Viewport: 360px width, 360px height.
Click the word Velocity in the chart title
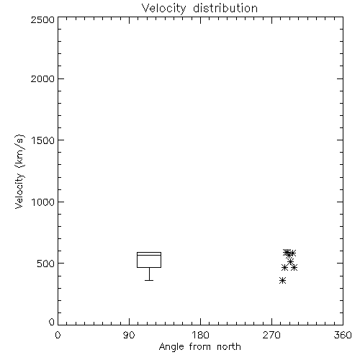tap(163, 9)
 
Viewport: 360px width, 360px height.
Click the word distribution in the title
tap(225, 8)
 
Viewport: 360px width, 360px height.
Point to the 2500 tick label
tap(42, 19)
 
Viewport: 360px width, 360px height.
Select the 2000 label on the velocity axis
tap(42, 79)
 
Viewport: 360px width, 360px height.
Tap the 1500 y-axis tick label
tap(43, 140)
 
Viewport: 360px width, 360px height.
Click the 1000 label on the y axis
tap(43, 202)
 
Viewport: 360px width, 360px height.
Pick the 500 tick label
tap(45, 264)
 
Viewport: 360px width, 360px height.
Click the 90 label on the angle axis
tap(129, 335)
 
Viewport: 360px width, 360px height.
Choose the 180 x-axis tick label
tap(200, 335)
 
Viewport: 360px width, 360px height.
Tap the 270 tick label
tap(271, 335)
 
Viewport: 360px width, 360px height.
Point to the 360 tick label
tap(343, 335)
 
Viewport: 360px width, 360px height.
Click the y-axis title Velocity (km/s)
tap(19, 171)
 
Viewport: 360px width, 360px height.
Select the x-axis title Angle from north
tap(200, 347)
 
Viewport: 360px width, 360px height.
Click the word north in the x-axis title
tap(229, 347)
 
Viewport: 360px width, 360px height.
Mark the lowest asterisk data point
tap(283, 280)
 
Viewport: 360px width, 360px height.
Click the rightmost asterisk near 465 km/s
tap(294, 267)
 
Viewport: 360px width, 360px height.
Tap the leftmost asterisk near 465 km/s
tap(284, 268)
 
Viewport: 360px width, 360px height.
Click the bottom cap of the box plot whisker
tap(149, 280)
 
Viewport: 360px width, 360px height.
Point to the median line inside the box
tap(149, 255)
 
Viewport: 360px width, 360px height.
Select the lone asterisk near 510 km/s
tap(291, 261)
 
